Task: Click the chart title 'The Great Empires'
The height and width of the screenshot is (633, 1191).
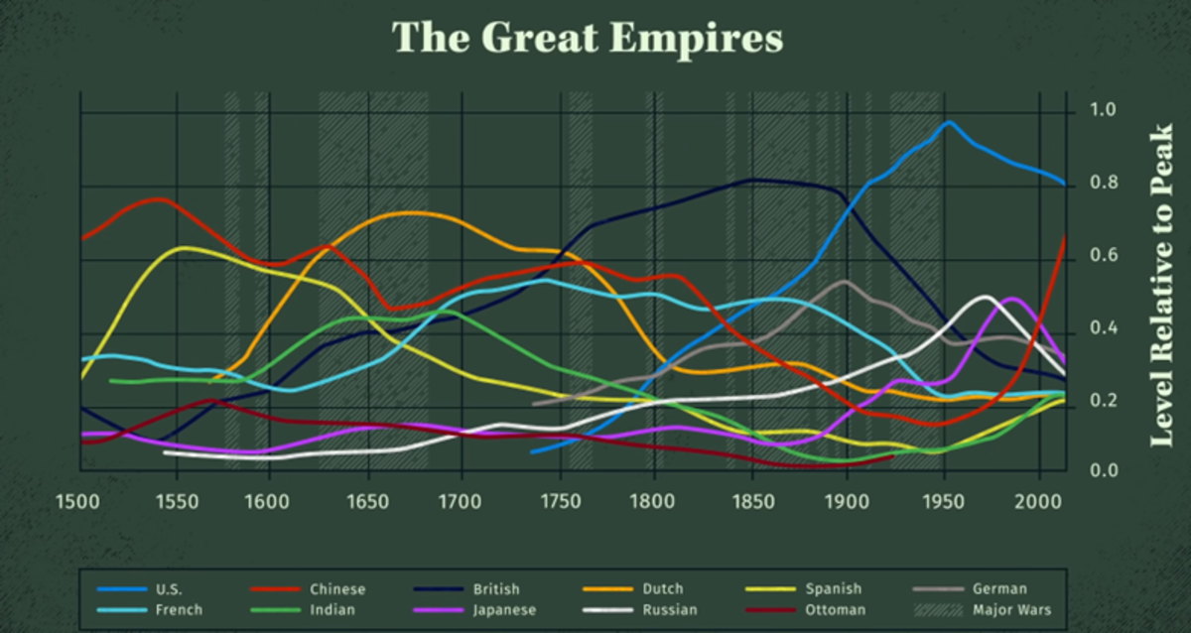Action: point(588,39)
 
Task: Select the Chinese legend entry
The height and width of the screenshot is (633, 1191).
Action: point(337,589)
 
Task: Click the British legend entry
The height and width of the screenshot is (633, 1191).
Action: point(496,589)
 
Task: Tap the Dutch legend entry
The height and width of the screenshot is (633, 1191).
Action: point(662,589)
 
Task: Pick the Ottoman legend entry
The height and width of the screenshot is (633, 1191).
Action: point(835,610)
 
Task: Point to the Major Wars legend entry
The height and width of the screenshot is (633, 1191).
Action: point(1010,610)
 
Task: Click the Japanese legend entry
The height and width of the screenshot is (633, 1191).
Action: point(504,610)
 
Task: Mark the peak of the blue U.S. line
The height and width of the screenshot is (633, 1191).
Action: point(949,122)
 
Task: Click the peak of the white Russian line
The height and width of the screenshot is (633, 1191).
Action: point(985,297)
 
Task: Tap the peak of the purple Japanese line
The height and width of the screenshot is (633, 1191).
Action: point(1011,299)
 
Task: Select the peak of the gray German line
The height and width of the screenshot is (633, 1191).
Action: point(844,282)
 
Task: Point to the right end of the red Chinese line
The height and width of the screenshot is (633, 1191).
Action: point(1065,236)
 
